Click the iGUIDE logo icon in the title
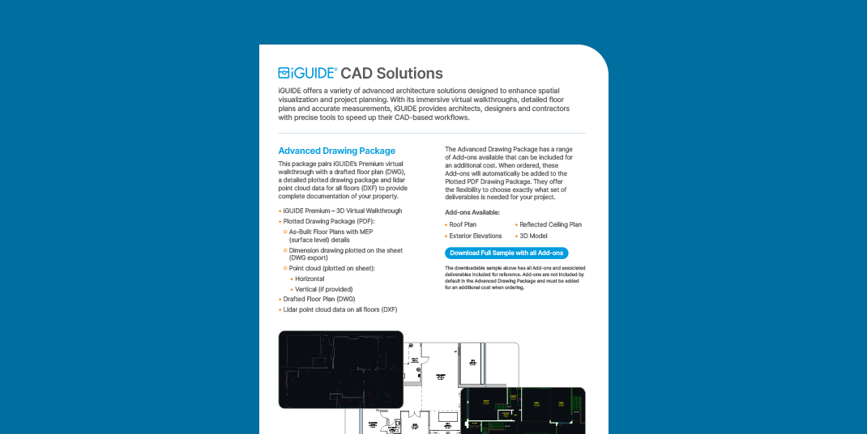pos(284,73)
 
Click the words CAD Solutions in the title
pos(391,73)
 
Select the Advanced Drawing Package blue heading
pos(336,151)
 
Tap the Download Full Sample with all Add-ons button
pos(506,253)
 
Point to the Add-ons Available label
pos(472,212)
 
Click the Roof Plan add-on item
pos(463,224)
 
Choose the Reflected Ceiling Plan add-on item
pos(550,224)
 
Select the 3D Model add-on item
pos(534,236)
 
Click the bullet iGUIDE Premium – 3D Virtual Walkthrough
pos(342,211)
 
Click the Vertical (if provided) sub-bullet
pos(324,289)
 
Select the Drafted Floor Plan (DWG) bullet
pos(319,299)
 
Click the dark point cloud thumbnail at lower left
pos(340,368)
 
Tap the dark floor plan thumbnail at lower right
pos(523,410)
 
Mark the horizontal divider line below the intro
pos(431,134)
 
